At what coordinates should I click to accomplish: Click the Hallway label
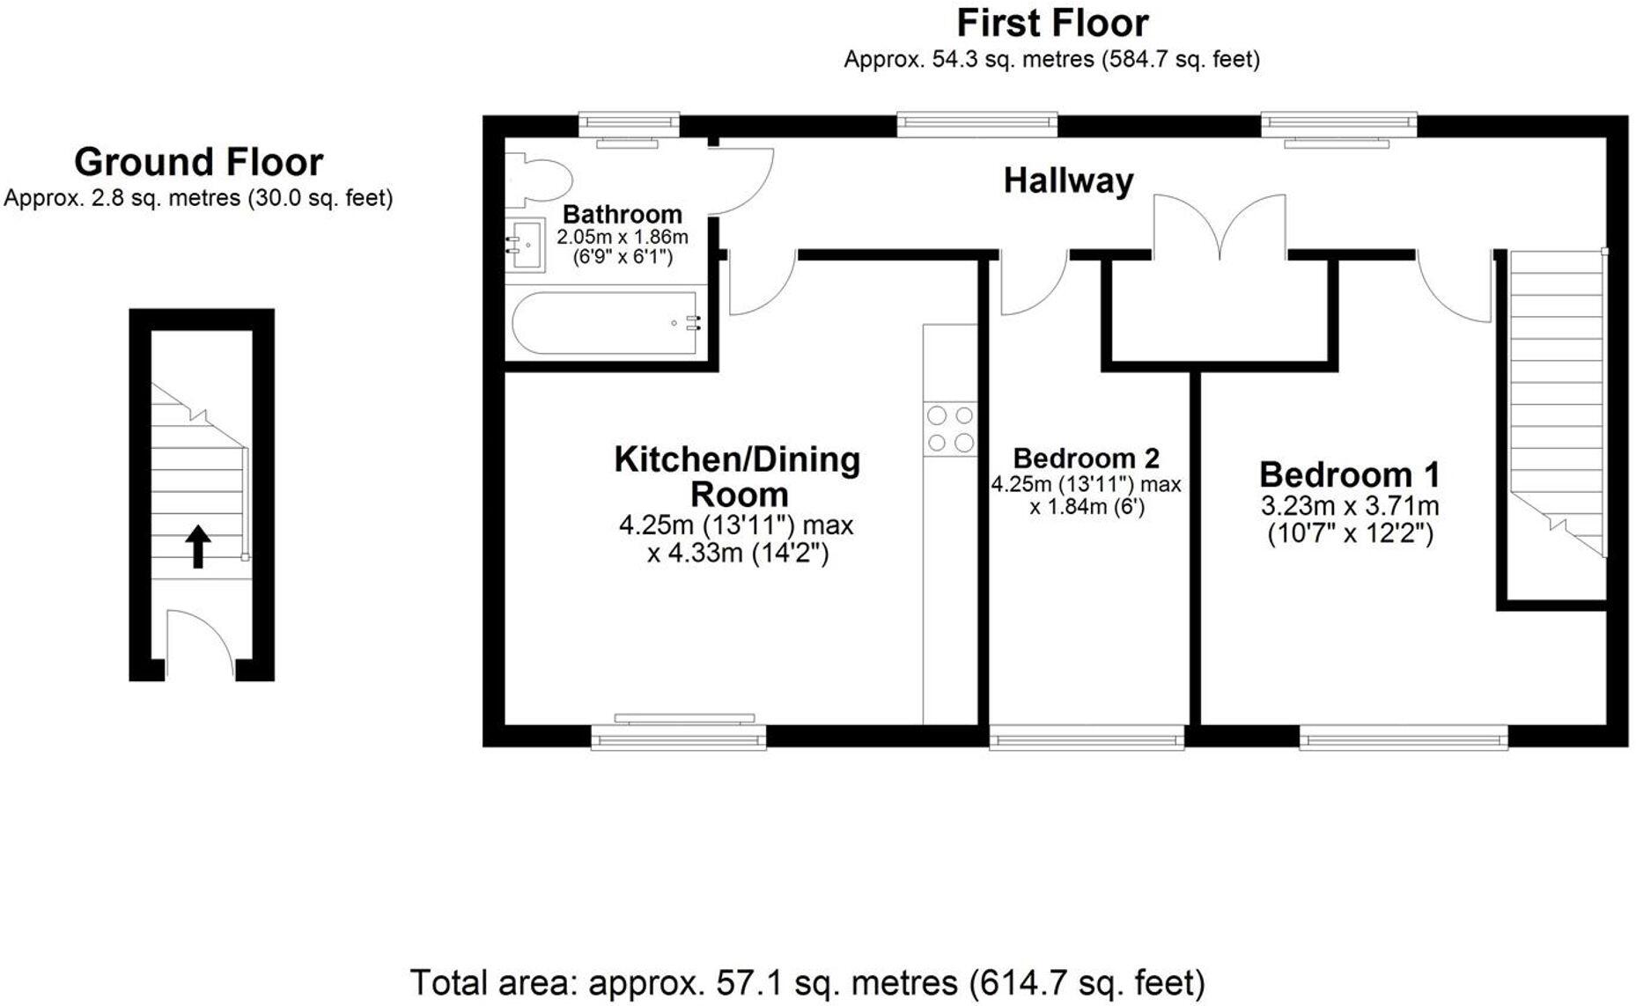[x=1068, y=181]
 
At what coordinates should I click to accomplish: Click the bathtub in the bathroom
[x=608, y=323]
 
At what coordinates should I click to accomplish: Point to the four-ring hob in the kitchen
[x=950, y=429]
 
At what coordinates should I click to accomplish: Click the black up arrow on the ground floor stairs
[x=198, y=547]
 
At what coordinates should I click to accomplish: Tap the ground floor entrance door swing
[x=201, y=635]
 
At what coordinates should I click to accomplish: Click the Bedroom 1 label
[x=1349, y=475]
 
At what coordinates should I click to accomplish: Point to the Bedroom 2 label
[x=1086, y=459]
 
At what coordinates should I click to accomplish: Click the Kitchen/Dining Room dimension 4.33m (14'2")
[x=738, y=554]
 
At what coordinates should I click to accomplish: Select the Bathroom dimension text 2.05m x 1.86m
[x=623, y=238]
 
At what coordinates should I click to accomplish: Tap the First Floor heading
[x=1052, y=23]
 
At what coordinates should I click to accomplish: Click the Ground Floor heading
[x=198, y=162]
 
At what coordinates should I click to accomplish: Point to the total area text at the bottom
[x=807, y=982]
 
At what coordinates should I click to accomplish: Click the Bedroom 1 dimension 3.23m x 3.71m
[x=1350, y=507]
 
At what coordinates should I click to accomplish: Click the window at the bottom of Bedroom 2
[x=1087, y=738]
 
